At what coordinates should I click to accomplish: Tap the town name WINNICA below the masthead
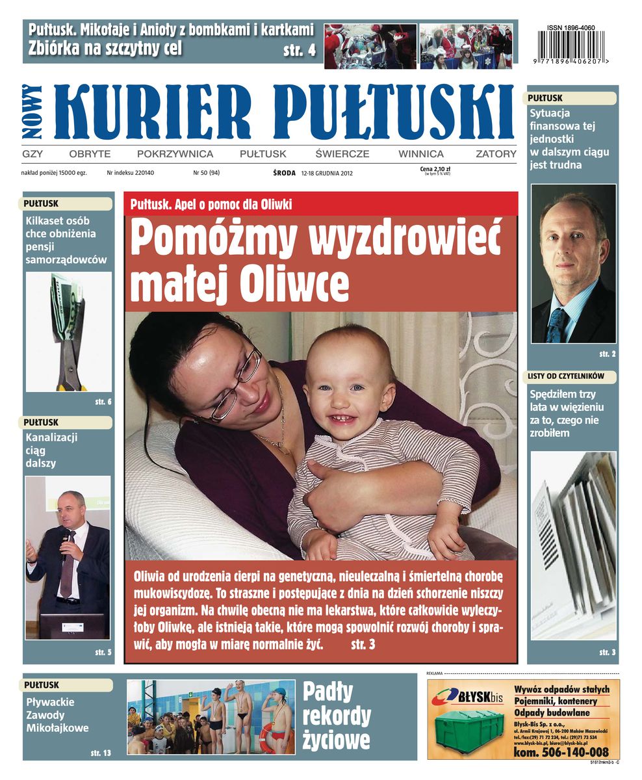click(x=421, y=154)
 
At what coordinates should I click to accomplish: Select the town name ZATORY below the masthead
click(x=496, y=154)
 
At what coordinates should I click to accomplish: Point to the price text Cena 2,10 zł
click(x=435, y=170)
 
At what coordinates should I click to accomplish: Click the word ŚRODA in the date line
click(x=284, y=174)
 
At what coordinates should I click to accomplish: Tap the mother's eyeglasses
click(x=237, y=383)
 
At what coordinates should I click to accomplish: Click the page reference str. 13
click(x=102, y=753)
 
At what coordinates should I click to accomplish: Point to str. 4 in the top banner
click(x=300, y=50)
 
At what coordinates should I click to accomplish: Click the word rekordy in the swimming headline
click(x=337, y=716)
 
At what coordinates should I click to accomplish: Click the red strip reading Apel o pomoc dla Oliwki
click(x=321, y=204)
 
